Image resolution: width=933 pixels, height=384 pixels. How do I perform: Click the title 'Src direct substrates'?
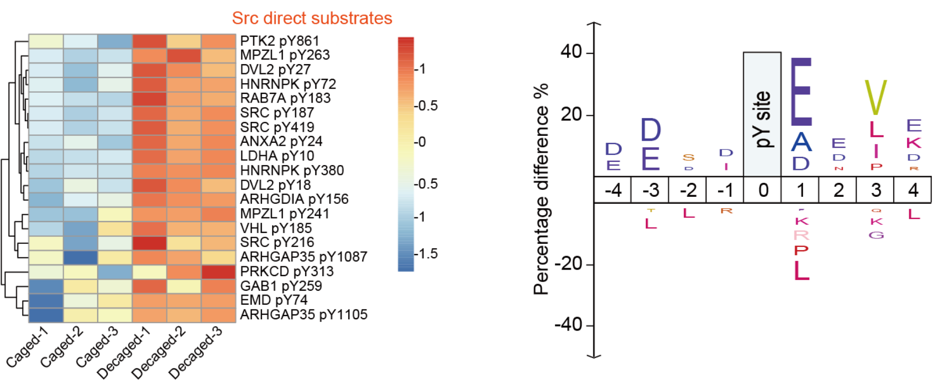pyautogui.click(x=312, y=18)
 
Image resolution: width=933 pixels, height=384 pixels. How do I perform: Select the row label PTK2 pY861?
pyautogui.click(x=279, y=41)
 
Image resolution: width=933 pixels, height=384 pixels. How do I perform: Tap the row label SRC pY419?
pyautogui.click(x=277, y=127)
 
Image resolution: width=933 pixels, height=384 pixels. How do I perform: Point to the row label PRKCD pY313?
pyautogui.click(x=287, y=271)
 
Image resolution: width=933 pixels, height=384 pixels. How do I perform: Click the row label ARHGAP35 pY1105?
pyautogui.click(x=303, y=314)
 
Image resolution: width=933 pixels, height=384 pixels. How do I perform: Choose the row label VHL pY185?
pyautogui.click(x=275, y=228)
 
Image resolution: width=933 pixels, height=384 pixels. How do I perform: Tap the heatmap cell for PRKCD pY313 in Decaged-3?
pyautogui.click(x=218, y=272)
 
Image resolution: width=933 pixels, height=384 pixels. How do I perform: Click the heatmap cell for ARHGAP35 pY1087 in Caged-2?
pyautogui.click(x=81, y=257)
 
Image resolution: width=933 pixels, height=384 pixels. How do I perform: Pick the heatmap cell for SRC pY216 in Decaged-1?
pyautogui.click(x=149, y=243)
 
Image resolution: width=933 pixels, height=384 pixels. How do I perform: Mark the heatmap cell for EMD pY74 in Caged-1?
pyautogui.click(x=46, y=300)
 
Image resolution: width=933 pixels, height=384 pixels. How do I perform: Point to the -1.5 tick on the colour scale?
pyautogui.click(x=427, y=253)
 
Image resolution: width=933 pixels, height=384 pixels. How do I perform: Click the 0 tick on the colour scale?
pyautogui.click(x=421, y=142)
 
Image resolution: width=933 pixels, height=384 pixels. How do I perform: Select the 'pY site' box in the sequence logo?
pyautogui.click(x=762, y=114)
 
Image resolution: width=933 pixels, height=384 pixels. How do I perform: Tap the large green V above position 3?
pyautogui.click(x=875, y=98)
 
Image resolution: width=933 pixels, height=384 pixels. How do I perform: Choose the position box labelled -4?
pyautogui.click(x=613, y=190)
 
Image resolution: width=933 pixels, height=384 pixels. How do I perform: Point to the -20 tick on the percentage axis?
pyautogui.click(x=569, y=264)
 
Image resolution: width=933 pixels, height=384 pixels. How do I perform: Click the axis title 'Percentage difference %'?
pyautogui.click(x=541, y=189)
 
